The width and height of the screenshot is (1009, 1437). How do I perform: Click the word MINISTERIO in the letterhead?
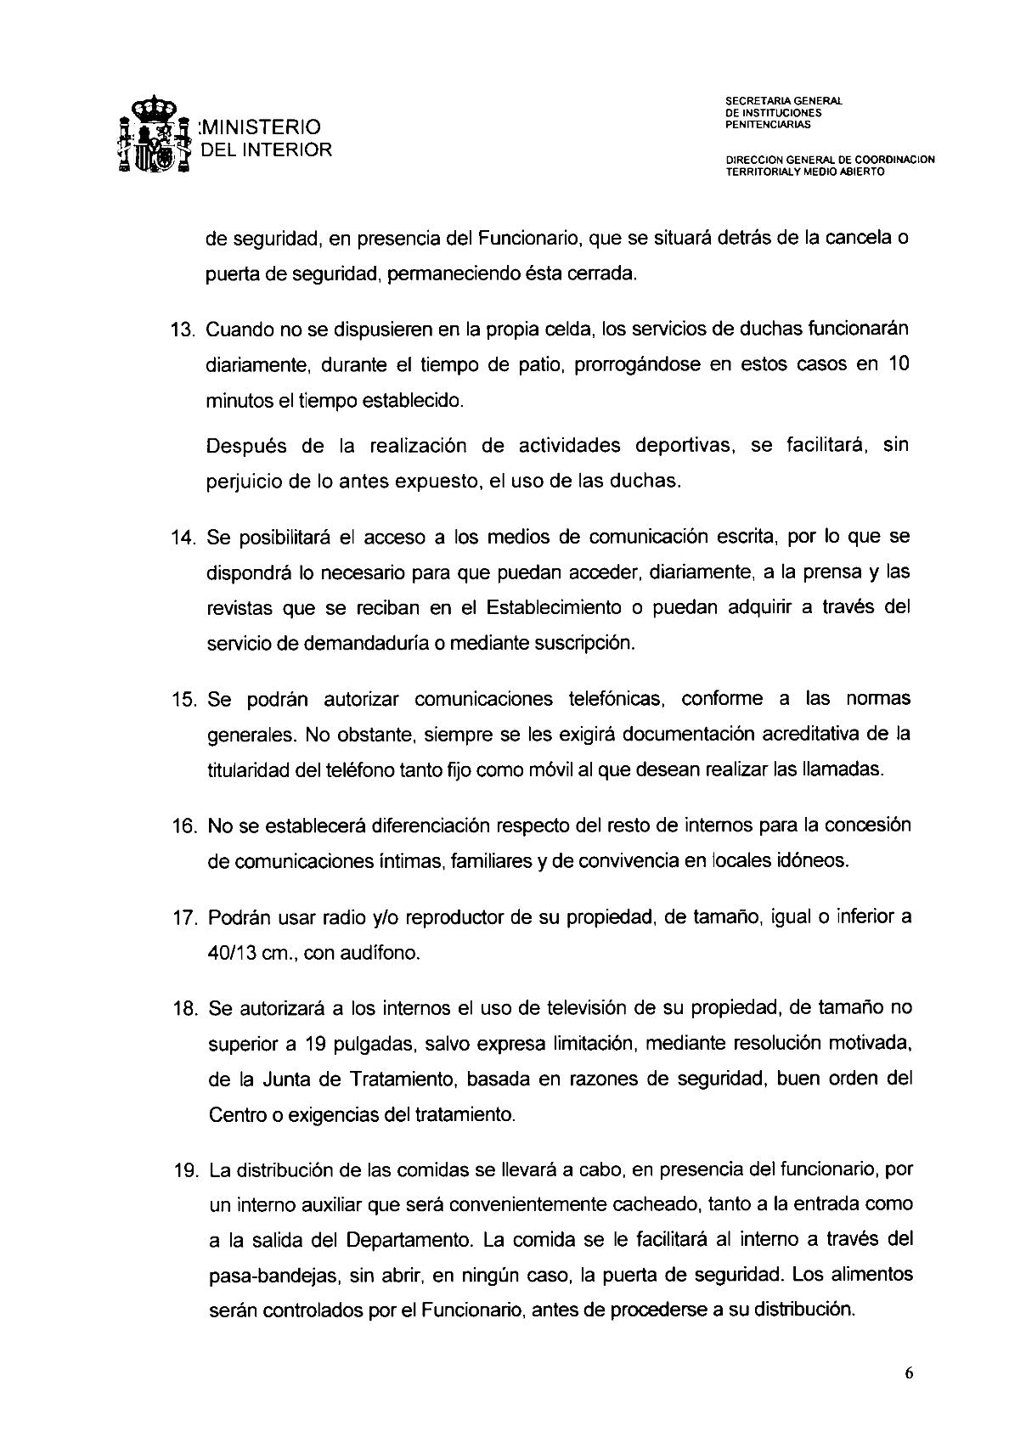(260, 127)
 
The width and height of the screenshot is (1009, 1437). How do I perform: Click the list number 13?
(185, 329)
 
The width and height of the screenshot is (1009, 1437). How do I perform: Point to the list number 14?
(185, 538)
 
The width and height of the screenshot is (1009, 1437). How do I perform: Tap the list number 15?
(185, 699)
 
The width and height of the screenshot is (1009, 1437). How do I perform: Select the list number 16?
(185, 826)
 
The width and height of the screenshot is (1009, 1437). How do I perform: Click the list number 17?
(185, 918)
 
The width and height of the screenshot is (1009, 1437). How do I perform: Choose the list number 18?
(185, 1009)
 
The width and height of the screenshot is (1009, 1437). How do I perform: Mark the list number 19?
(186, 1170)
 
